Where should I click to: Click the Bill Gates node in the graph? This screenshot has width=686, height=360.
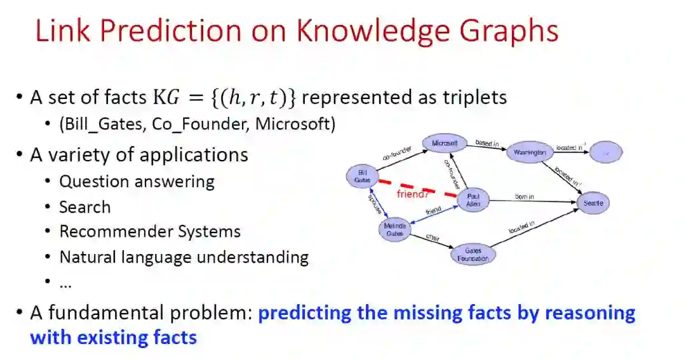pyautogui.click(x=363, y=176)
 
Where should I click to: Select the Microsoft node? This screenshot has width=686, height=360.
pyautogui.click(x=445, y=143)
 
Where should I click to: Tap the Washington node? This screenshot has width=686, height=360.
pyautogui.click(x=530, y=152)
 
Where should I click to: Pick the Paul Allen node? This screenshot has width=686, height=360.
pyautogui.click(x=473, y=201)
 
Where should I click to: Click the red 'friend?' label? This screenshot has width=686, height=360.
pyautogui.click(x=413, y=194)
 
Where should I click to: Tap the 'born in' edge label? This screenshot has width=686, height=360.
pyautogui.click(x=524, y=197)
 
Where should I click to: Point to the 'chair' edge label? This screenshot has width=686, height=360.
pyautogui.click(x=433, y=237)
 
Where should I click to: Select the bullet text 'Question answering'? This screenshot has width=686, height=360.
pyautogui.click(x=137, y=182)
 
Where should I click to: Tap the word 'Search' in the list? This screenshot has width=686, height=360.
pyautogui.click(x=84, y=207)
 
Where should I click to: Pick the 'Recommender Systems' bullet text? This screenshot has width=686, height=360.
pyautogui.click(x=150, y=232)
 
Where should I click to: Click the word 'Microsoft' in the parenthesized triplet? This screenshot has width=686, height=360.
pyautogui.click(x=294, y=124)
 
